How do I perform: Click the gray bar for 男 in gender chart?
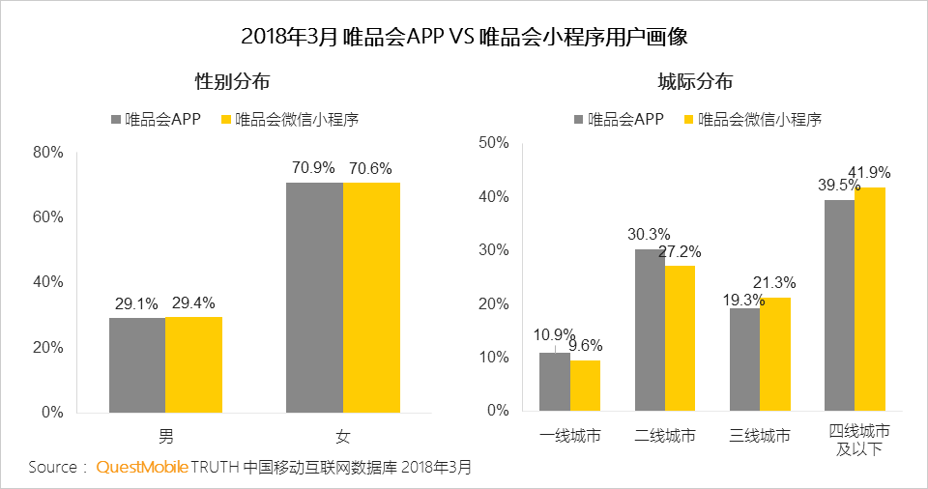(x=136, y=364)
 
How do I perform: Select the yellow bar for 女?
(x=371, y=297)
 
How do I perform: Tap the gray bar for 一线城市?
(x=554, y=382)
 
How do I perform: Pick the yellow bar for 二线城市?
(x=680, y=337)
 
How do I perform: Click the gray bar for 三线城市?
(x=744, y=360)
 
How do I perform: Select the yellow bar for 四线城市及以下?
(x=870, y=299)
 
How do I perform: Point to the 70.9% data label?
(x=314, y=168)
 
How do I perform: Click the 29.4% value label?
(x=193, y=303)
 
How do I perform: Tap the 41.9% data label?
(x=869, y=173)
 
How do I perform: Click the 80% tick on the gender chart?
(x=47, y=152)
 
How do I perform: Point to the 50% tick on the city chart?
(x=494, y=143)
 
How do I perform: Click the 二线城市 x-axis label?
(x=665, y=436)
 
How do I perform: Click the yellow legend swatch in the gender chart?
(x=227, y=120)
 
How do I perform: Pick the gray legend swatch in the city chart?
(x=579, y=120)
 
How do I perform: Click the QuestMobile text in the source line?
(x=141, y=468)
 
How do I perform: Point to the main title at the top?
(x=464, y=37)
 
